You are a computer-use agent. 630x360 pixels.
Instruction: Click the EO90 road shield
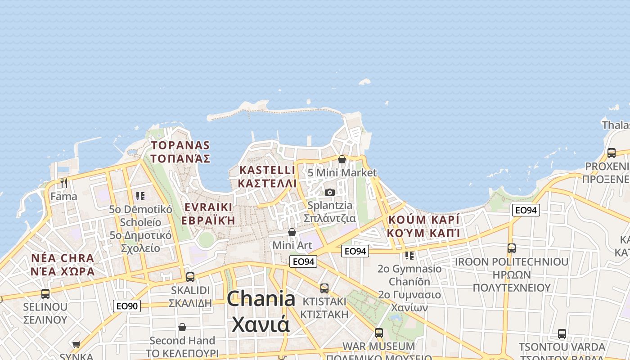pyautogui.click(x=126, y=306)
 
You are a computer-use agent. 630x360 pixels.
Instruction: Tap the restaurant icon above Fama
pyautogui.click(x=64, y=183)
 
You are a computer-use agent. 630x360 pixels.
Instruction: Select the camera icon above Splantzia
pyautogui.click(x=330, y=192)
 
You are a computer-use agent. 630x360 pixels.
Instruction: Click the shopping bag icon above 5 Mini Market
pyautogui.click(x=342, y=159)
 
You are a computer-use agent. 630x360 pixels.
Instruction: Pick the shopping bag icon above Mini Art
pyautogui.click(x=292, y=232)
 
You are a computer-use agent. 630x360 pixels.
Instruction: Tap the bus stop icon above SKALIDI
pyautogui.click(x=190, y=277)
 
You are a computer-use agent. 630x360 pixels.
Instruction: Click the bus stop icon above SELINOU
pyautogui.click(x=45, y=294)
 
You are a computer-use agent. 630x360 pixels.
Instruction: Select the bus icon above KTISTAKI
pyautogui.click(x=324, y=288)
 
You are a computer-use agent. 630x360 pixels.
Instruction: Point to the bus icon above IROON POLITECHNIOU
pyautogui.click(x=512, y=248)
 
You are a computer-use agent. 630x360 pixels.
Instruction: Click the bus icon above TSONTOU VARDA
pyautogui.click(x=562, y=334)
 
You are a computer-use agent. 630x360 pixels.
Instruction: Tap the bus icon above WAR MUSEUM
pyautogui.click(x=379, y=333)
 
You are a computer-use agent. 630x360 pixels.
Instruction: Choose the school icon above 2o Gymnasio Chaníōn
pyautogui.click(x=409, y=256)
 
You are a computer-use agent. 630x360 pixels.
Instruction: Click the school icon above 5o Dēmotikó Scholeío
pyautogui.click(x=140, y=196)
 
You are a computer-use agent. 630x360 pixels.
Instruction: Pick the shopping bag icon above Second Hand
pyautogui.click(x=182, y=327)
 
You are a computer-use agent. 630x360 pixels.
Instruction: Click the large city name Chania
pyautogui.click(x=261, y=299)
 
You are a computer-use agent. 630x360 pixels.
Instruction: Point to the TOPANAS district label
pyautogui.click(x=180, y=145)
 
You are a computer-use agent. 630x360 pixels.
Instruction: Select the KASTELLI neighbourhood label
pyautogui.click(x=267, y=170)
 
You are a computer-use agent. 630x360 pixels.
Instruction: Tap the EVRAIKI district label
pyautogui.click(x=208, y=207)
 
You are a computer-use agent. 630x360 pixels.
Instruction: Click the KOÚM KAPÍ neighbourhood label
pyautogui.click(x=423, y=220)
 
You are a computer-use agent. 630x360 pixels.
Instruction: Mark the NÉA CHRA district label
pyautogui.click(x=63, y=259)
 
